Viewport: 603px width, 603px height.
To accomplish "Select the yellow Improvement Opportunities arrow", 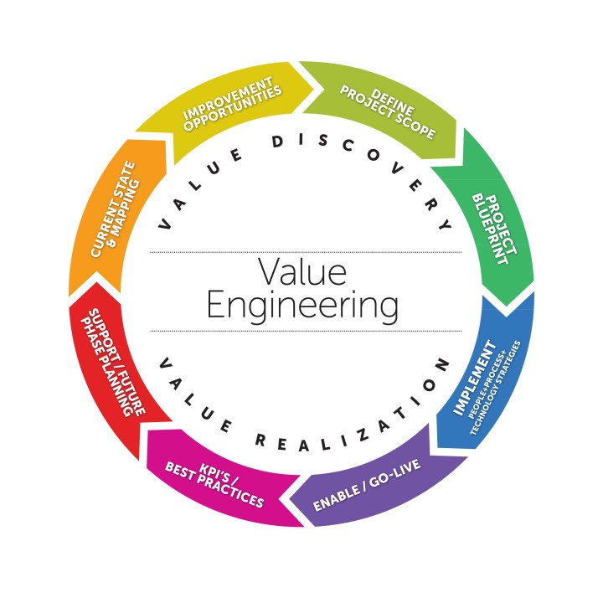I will pos(226,105).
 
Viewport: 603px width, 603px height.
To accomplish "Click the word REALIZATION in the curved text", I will pos(335,435).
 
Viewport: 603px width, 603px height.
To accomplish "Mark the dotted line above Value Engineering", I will pos(306,252).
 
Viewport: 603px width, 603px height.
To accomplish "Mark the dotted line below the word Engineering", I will pos(306,330).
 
